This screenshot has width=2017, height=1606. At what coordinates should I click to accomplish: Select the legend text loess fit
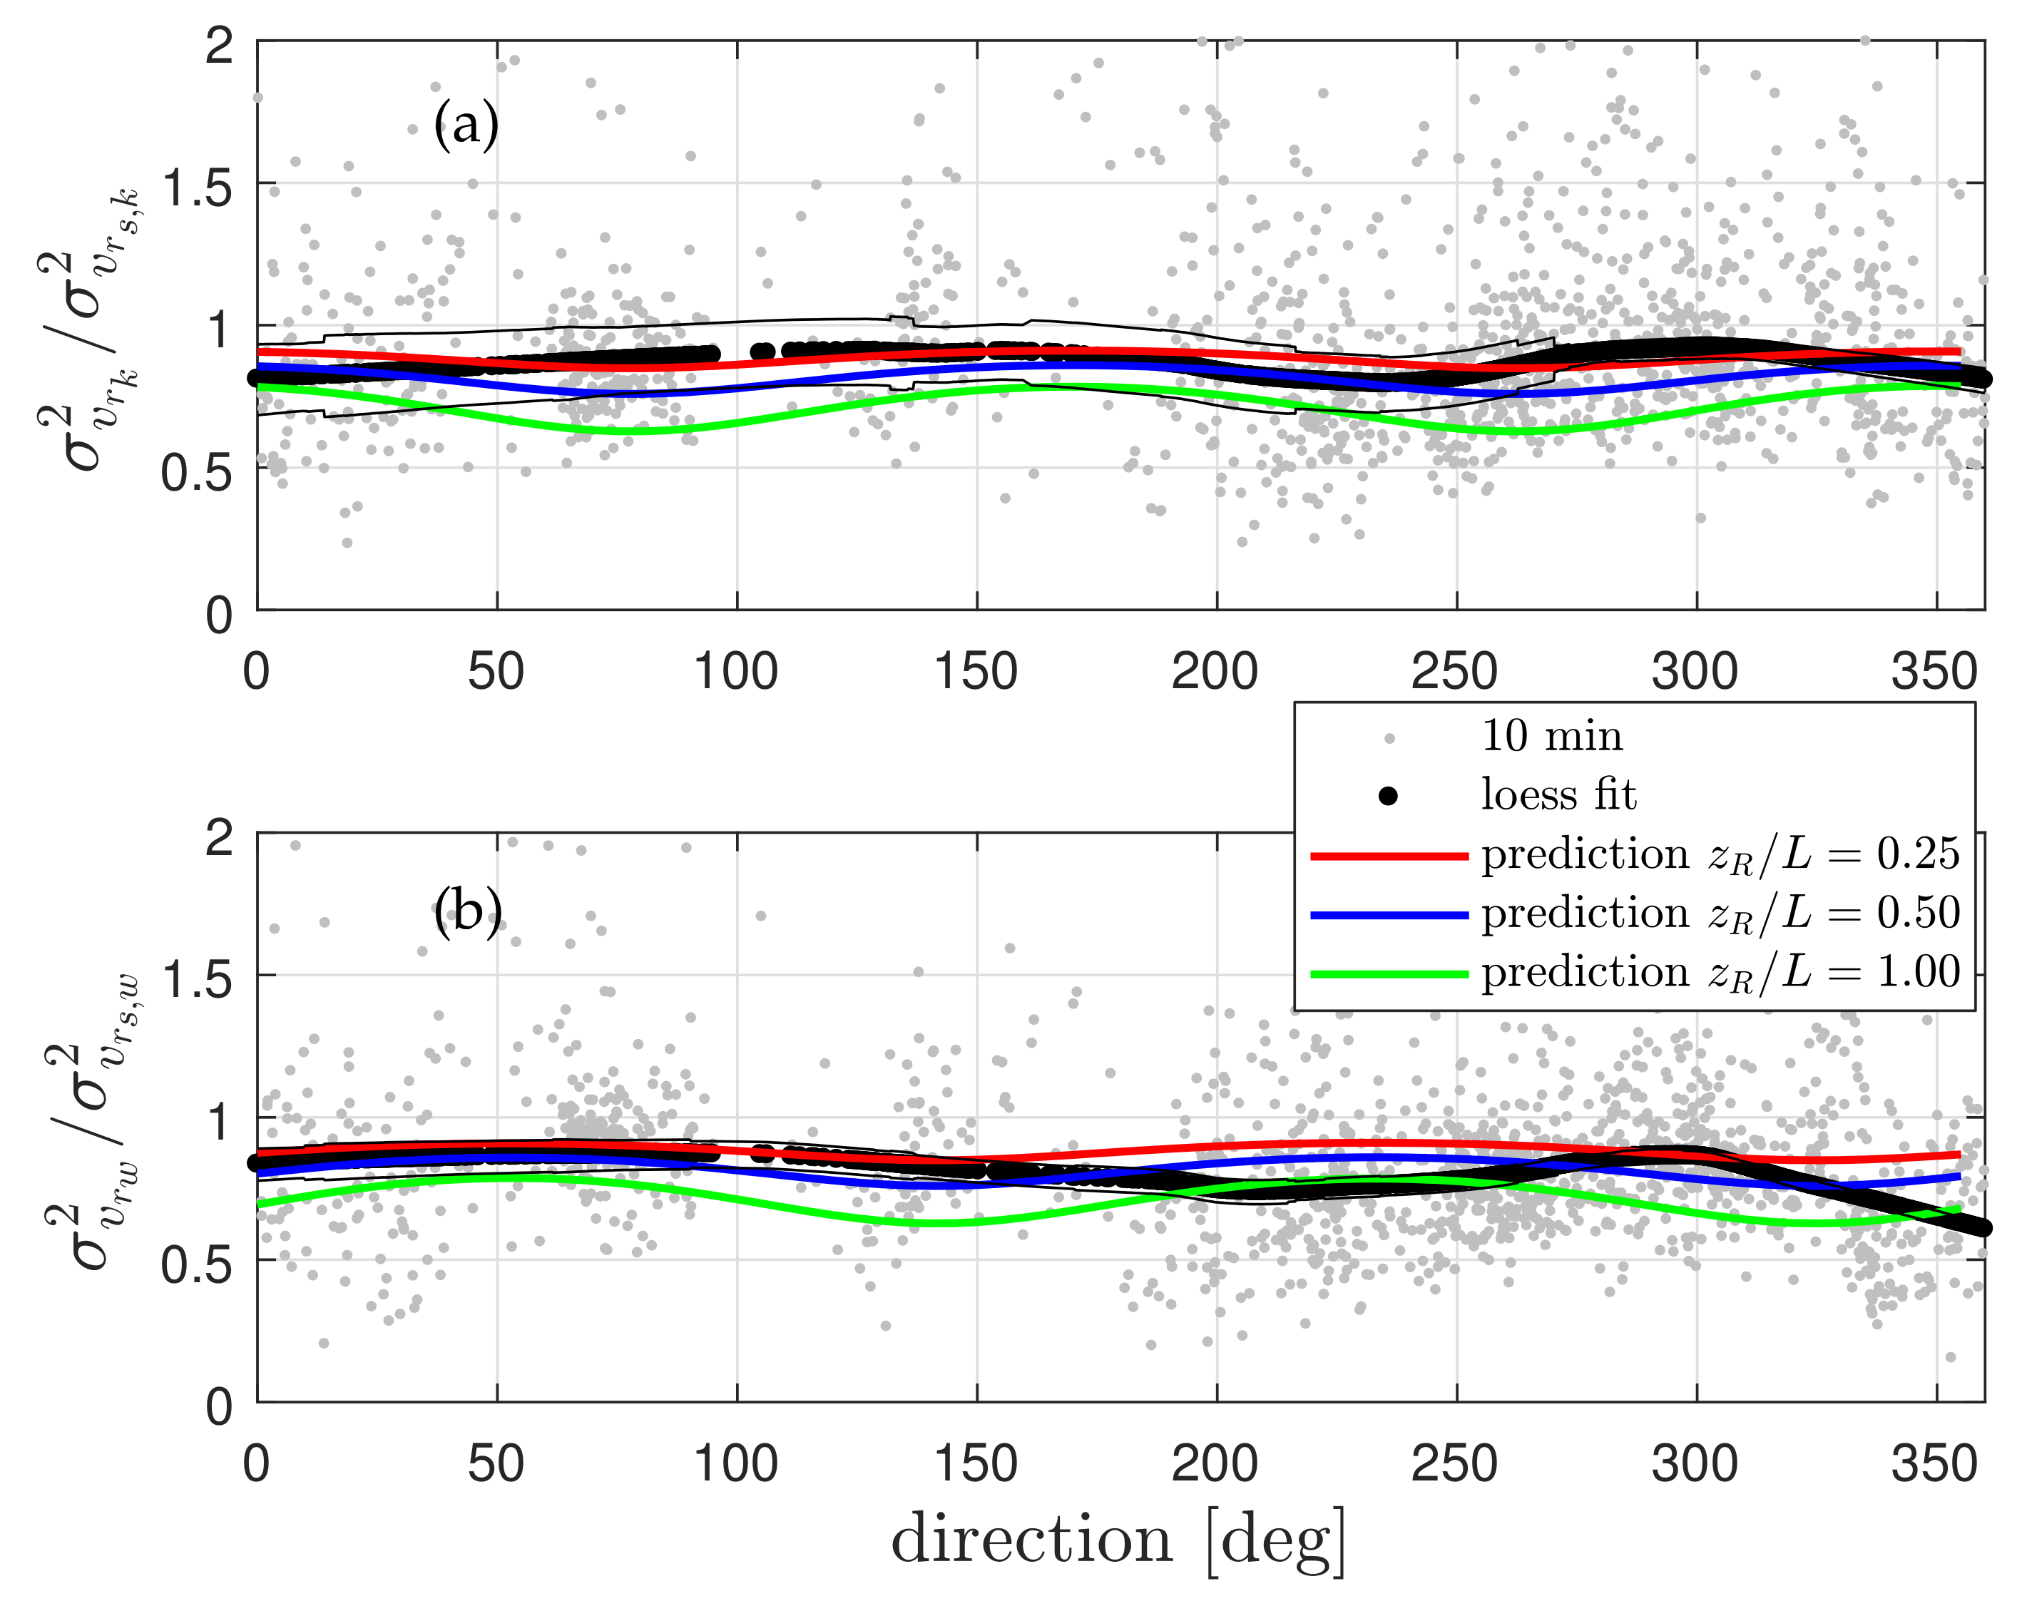[1558, 796]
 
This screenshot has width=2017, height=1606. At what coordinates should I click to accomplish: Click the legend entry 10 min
[1551, 737]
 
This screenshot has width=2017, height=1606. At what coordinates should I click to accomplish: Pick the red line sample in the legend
[1389, 856]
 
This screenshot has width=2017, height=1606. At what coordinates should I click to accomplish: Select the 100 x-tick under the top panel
[735, 672]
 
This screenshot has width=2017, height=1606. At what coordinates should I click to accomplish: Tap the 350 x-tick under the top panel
[1934, 672]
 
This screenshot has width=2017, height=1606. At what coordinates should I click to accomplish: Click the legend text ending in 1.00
[1720, 973]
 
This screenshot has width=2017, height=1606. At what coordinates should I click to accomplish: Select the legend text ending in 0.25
[1720, 855]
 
